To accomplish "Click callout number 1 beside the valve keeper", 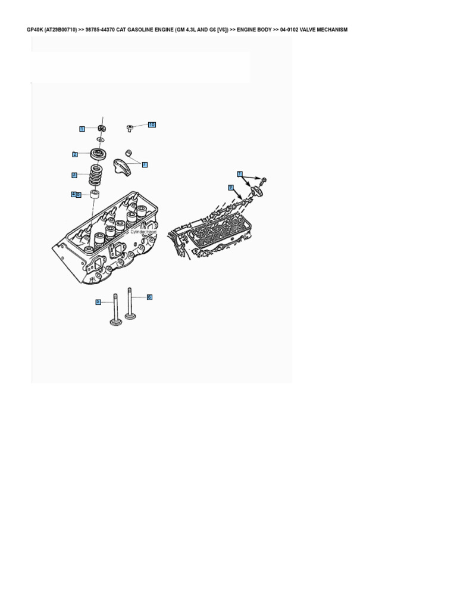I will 82,129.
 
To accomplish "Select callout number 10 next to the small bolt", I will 152,125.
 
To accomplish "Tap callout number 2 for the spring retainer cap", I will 75,154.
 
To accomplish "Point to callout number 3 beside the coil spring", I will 74,175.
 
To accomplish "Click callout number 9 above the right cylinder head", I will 230,187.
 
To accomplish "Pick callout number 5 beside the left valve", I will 98,303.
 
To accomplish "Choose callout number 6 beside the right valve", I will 149,297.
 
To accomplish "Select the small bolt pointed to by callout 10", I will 130,127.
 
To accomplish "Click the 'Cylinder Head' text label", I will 143,232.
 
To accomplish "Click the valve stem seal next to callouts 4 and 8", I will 94,195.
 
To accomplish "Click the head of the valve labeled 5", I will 115,323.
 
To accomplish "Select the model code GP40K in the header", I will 35,30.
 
